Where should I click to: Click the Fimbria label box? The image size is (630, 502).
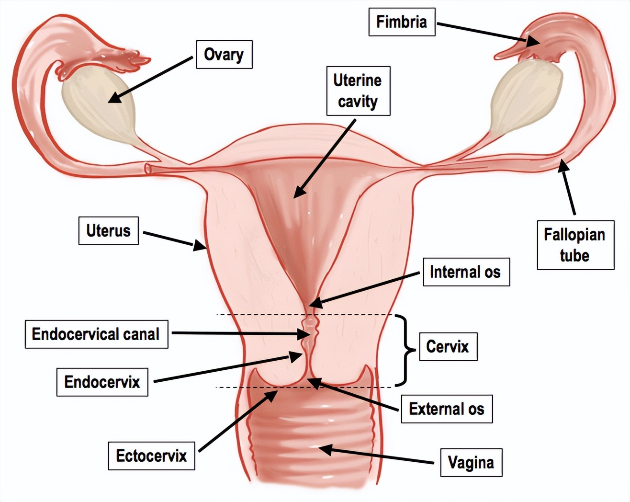point(402,22)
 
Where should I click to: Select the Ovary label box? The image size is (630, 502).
point(224,55)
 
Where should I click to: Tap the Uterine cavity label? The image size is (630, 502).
point(358,91)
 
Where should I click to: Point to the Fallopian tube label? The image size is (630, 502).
point(575,245)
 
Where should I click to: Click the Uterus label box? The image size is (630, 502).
point(109,231)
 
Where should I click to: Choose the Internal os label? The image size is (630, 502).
point(466,272)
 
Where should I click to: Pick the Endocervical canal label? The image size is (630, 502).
point(96,334)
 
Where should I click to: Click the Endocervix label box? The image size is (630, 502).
point(102,382)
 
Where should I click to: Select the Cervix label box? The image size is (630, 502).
point(448,346)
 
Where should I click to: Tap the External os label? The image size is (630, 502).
point(447,409)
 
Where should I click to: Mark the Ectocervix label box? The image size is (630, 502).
point(151,456)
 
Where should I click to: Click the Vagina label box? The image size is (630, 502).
point(471,462)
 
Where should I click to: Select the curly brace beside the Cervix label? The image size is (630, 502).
point(406,351)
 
